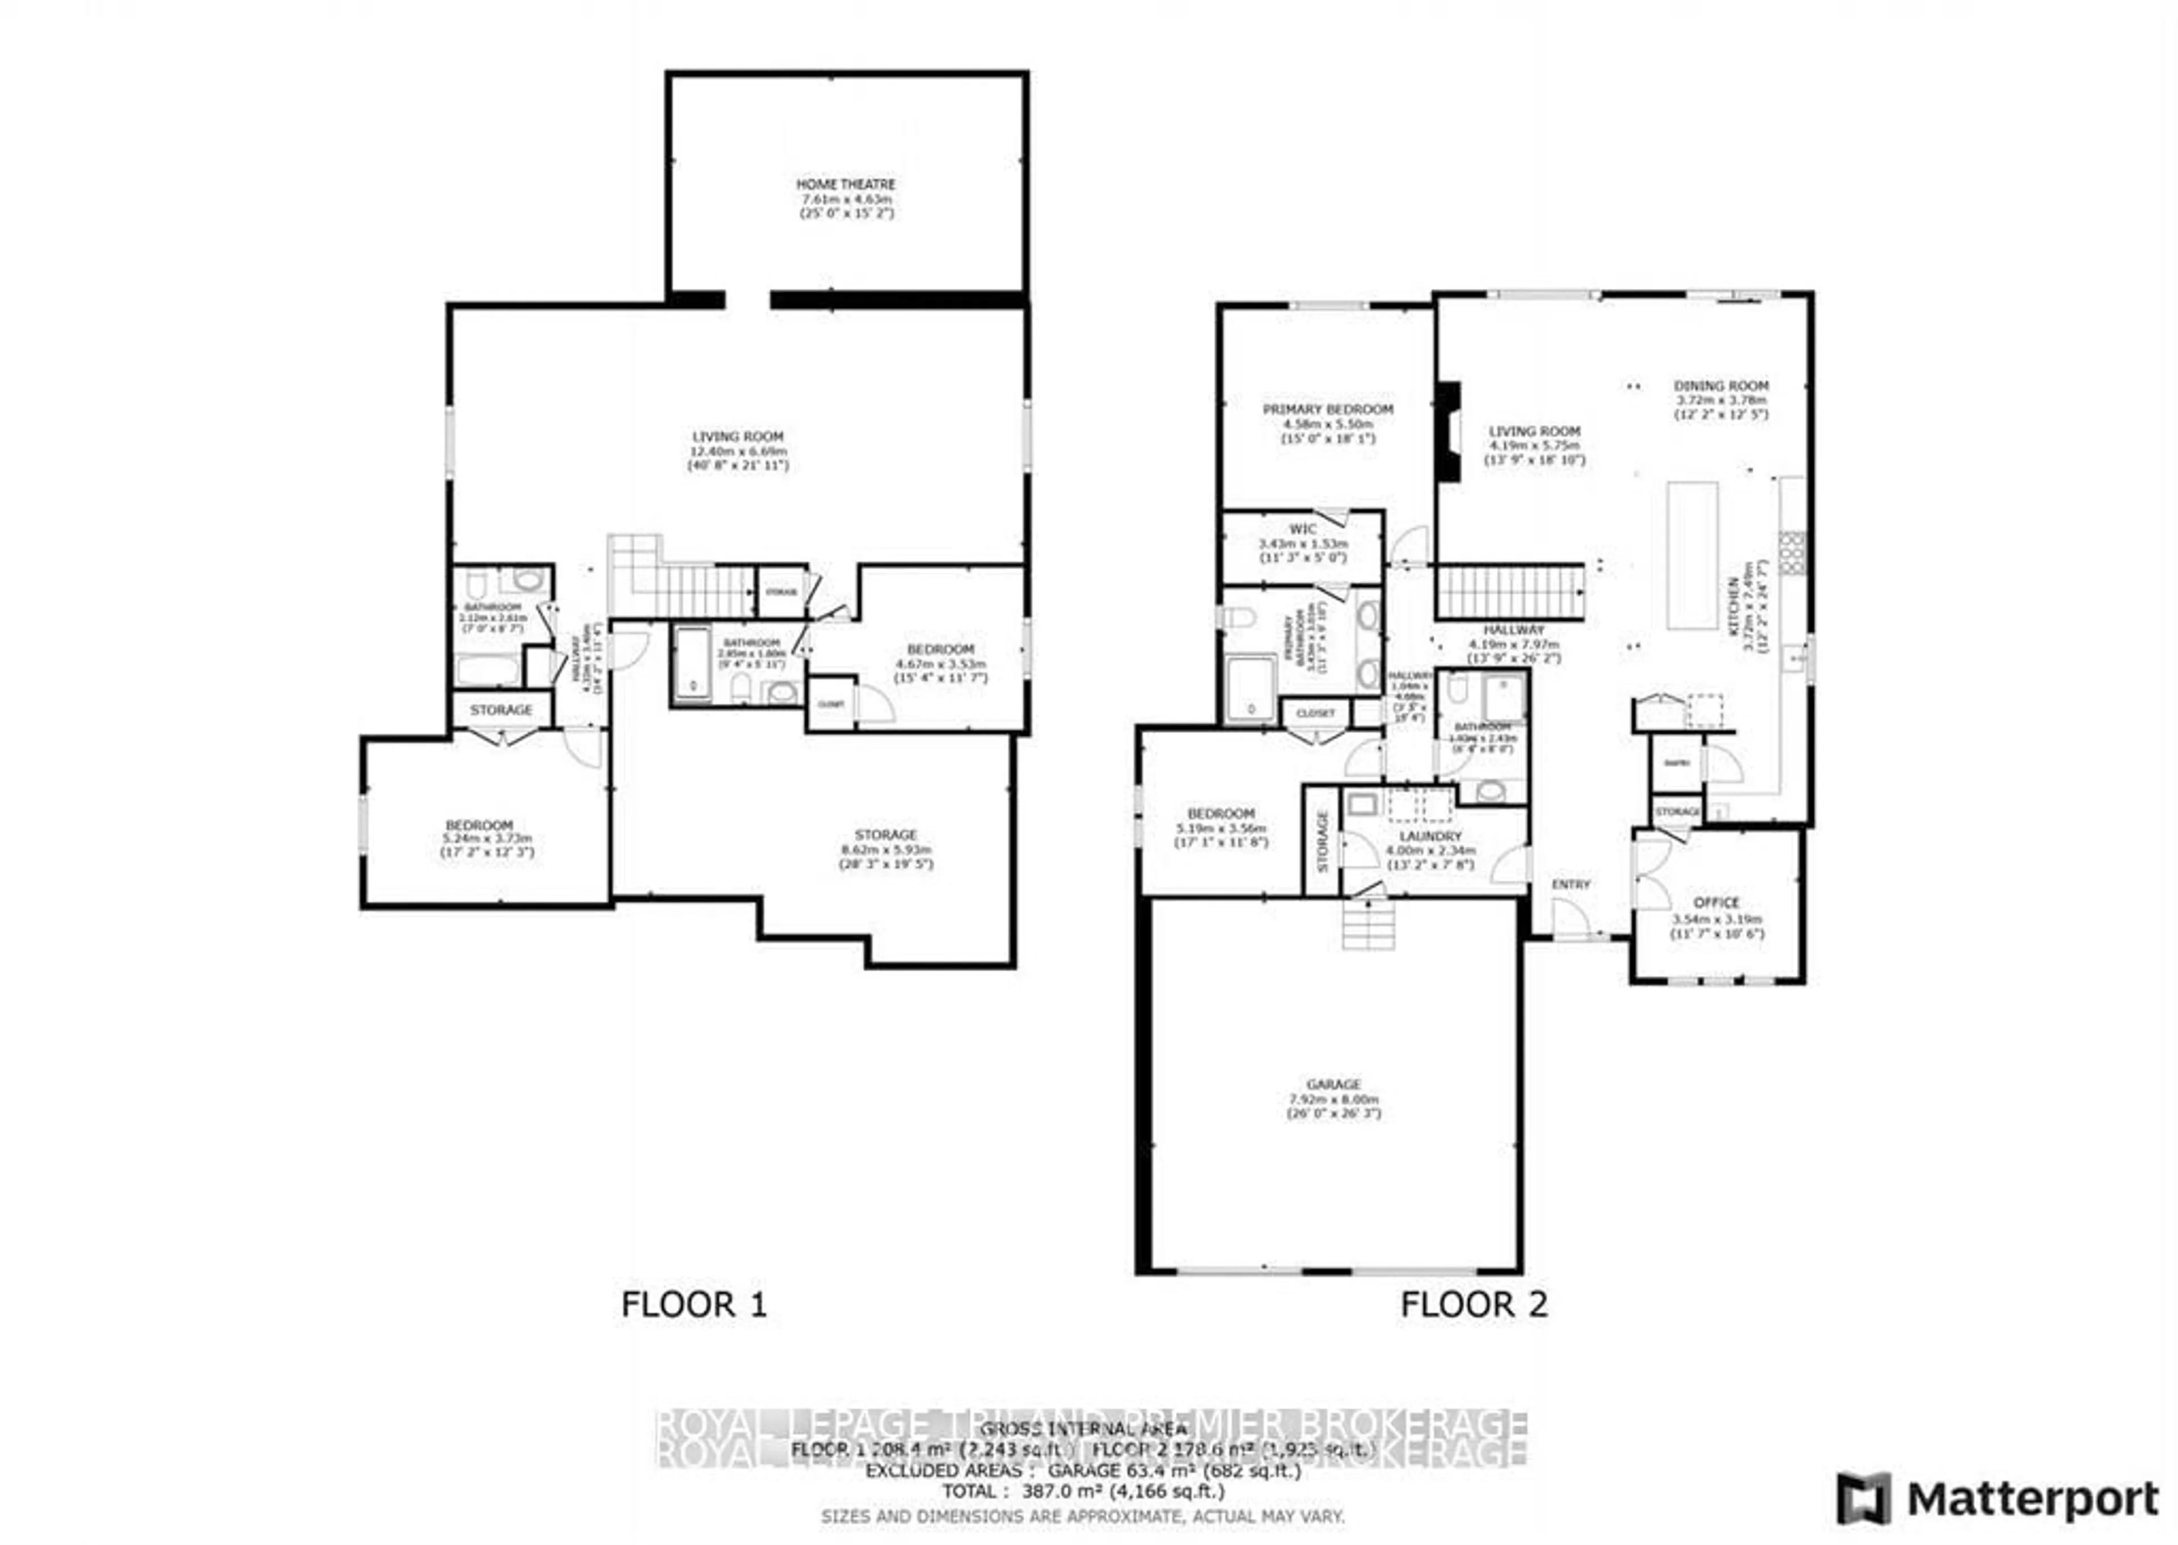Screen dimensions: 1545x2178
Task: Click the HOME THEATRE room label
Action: tap(846, 184)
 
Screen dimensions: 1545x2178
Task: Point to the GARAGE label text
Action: tap(1333, 1084)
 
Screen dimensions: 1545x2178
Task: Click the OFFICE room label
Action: tap(1717, 902)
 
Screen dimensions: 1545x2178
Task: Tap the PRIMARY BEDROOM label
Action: tap(1328, 409)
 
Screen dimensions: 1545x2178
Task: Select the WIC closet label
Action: tap(1303, 529)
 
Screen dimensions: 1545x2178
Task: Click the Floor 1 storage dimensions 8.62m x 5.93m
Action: tap(885, 849)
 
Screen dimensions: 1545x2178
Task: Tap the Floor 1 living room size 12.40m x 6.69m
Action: tap(738, 451)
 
